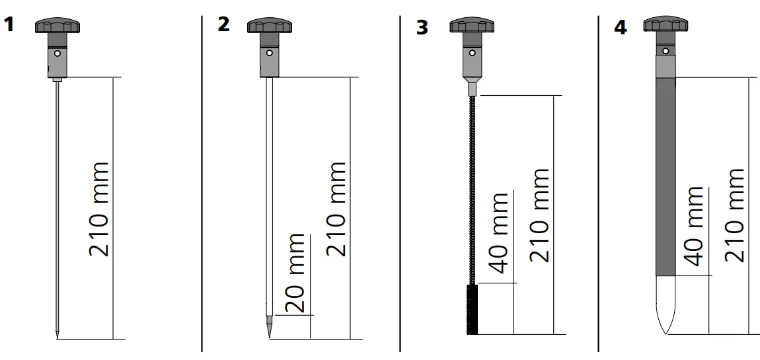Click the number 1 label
point(9,24)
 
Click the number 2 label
point(223,24)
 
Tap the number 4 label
point(620,28)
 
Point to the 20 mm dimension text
point(295,273)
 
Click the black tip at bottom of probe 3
point(472,310)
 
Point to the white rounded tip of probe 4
point(665,304)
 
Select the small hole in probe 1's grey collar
point(58,54)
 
